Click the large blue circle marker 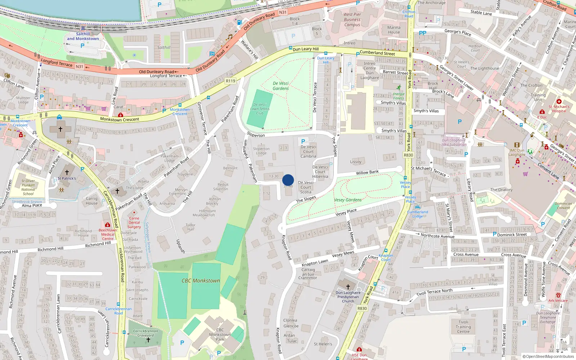tap(288, 180)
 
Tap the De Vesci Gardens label tap(281, 86)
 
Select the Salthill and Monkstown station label tap(83, 36)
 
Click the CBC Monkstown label tap(201, 280)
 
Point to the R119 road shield tap(230, 81)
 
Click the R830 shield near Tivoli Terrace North tap(362, 309)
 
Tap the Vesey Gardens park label tap(348, 200)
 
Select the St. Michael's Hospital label tap(559, 109)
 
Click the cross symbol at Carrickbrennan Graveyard tap(148, 340)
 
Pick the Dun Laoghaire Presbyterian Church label tap(348, 297)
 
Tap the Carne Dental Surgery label tap(134, 222)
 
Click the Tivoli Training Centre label tap(463, 327)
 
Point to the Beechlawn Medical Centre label tap(108, 234)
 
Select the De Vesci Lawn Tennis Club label tap(260, 109)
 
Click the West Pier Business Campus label tap(352, 20)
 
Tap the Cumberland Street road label tap(377, 53)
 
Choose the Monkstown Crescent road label tap(120, 119)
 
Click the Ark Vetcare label tap(558, 301)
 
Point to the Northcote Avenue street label tap(437, 236)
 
